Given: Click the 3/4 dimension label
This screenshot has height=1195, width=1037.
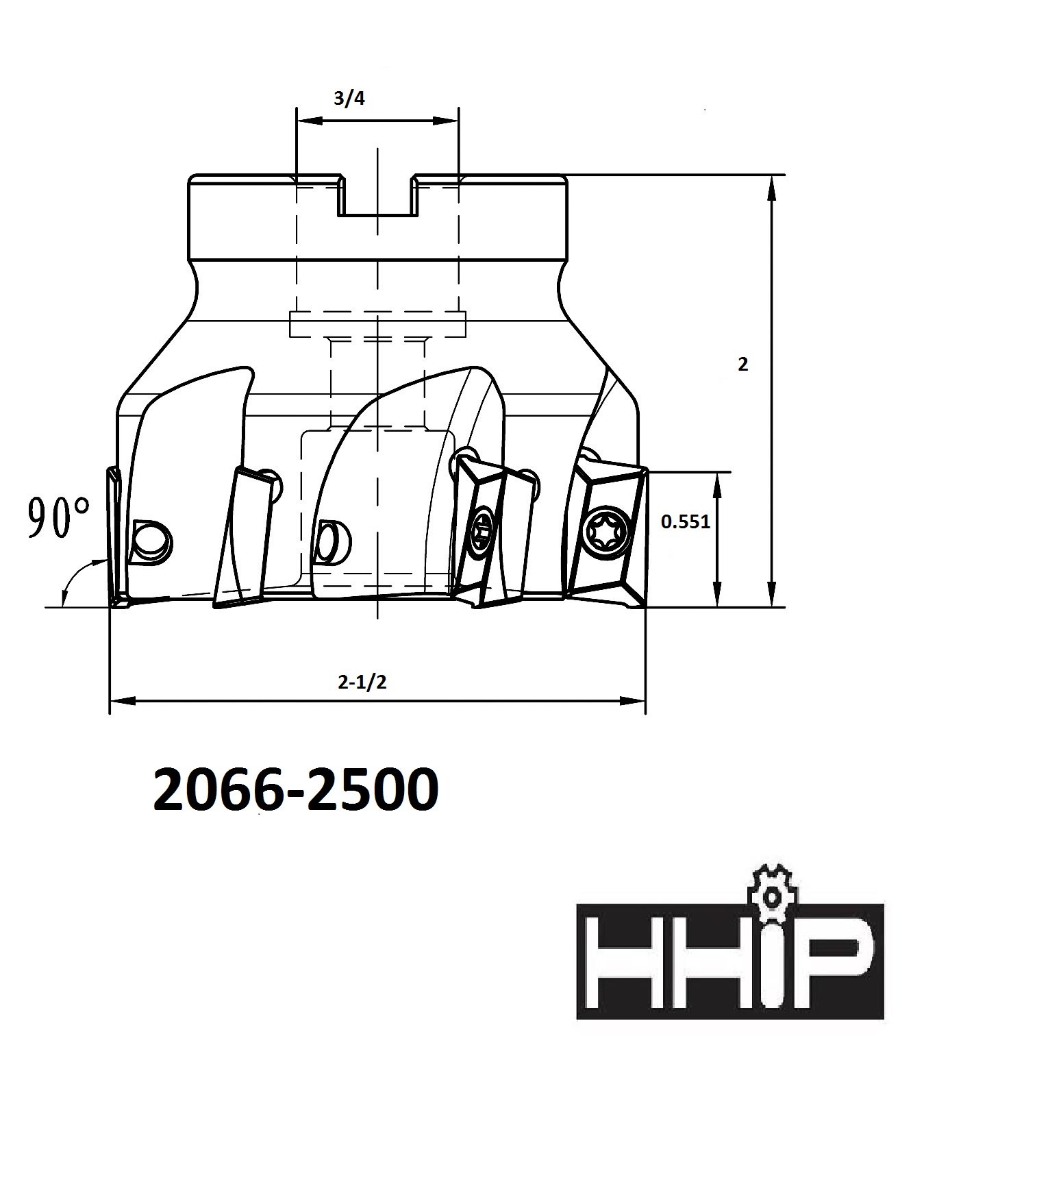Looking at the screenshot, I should click(x=349, y=99).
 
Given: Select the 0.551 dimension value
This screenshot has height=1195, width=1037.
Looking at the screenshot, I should click(x=685, y=522).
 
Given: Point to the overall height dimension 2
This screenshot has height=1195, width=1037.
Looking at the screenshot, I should click(x=743, y=365).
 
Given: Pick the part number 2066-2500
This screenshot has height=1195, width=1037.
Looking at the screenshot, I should click(x=295, y=790).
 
